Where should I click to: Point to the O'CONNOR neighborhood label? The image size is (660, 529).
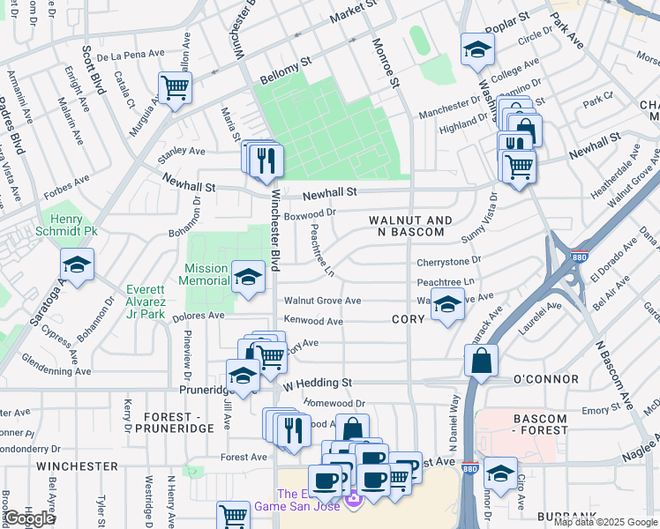tap(546, 379)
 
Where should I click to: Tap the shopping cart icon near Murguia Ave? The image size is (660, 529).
tap(175, 88)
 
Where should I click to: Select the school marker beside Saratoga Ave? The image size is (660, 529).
tap(77, 264)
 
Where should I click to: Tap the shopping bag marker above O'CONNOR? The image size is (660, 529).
tap(482, 361)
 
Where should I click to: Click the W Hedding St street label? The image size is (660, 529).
tap(318, 384)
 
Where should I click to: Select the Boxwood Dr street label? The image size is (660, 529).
tap(311, 212)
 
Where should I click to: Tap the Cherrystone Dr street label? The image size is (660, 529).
tap(448, 261)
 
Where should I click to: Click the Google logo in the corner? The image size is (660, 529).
tap(30, 518)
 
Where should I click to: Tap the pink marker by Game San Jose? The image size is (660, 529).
tap(354, 501)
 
